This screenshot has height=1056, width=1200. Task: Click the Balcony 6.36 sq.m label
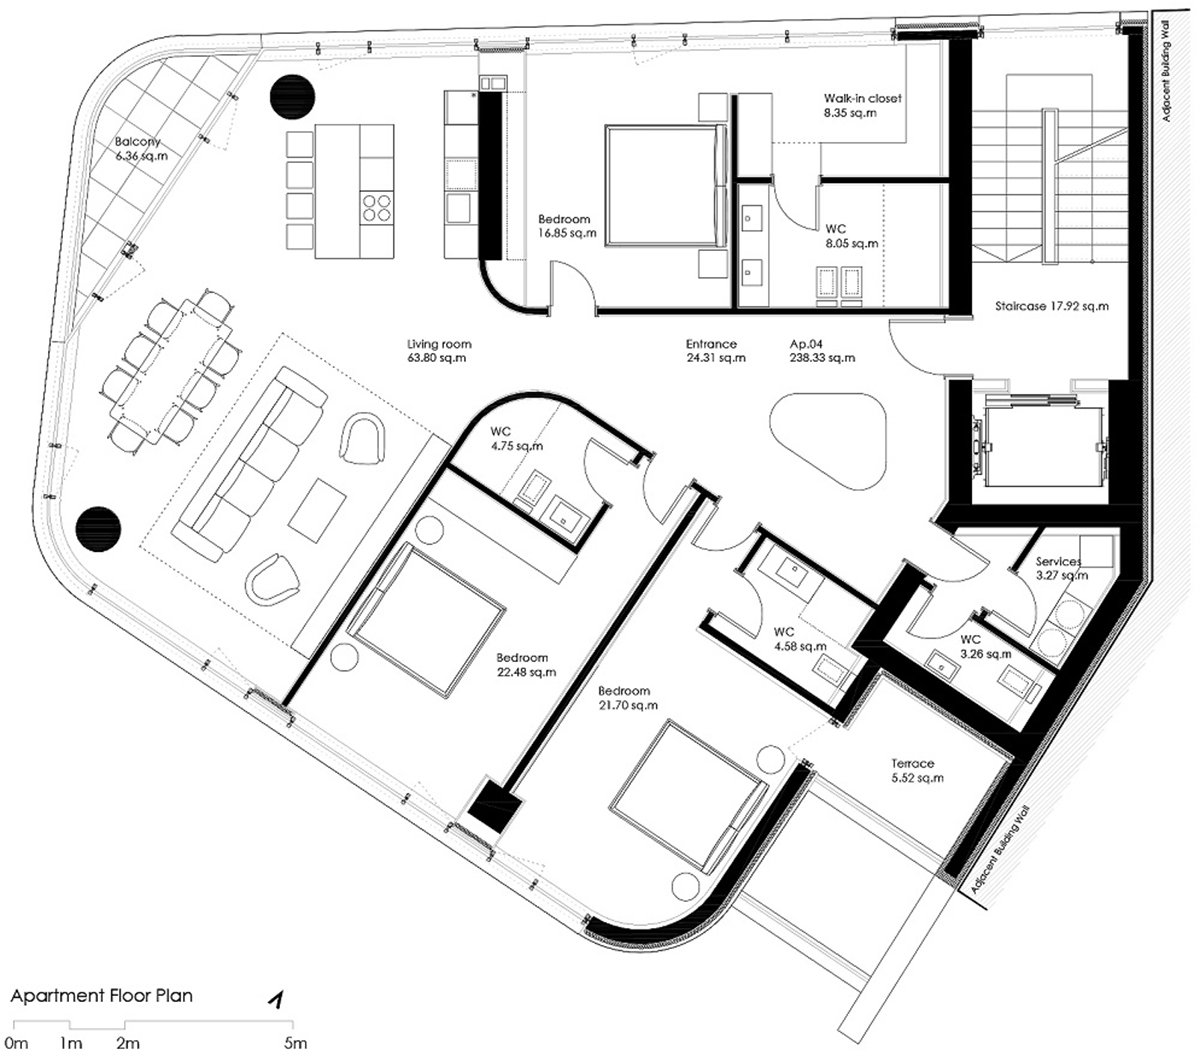141,149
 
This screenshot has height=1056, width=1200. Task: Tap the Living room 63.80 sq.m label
439,351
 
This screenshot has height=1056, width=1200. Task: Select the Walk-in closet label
862,98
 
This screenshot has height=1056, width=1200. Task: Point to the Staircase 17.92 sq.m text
1051,307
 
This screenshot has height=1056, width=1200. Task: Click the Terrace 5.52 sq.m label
917,771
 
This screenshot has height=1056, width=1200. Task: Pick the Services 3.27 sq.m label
1061,568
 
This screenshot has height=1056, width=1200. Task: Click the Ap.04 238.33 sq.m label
822,351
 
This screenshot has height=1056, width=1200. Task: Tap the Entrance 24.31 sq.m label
715,351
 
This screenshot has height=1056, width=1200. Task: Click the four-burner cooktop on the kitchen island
377,207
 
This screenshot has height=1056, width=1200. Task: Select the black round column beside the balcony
292,97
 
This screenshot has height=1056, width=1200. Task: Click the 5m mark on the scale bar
295,1042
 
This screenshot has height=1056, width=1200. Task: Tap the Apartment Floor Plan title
102,996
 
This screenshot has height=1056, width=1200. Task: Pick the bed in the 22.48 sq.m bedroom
426,620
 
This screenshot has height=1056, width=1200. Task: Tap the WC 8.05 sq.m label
851,236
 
